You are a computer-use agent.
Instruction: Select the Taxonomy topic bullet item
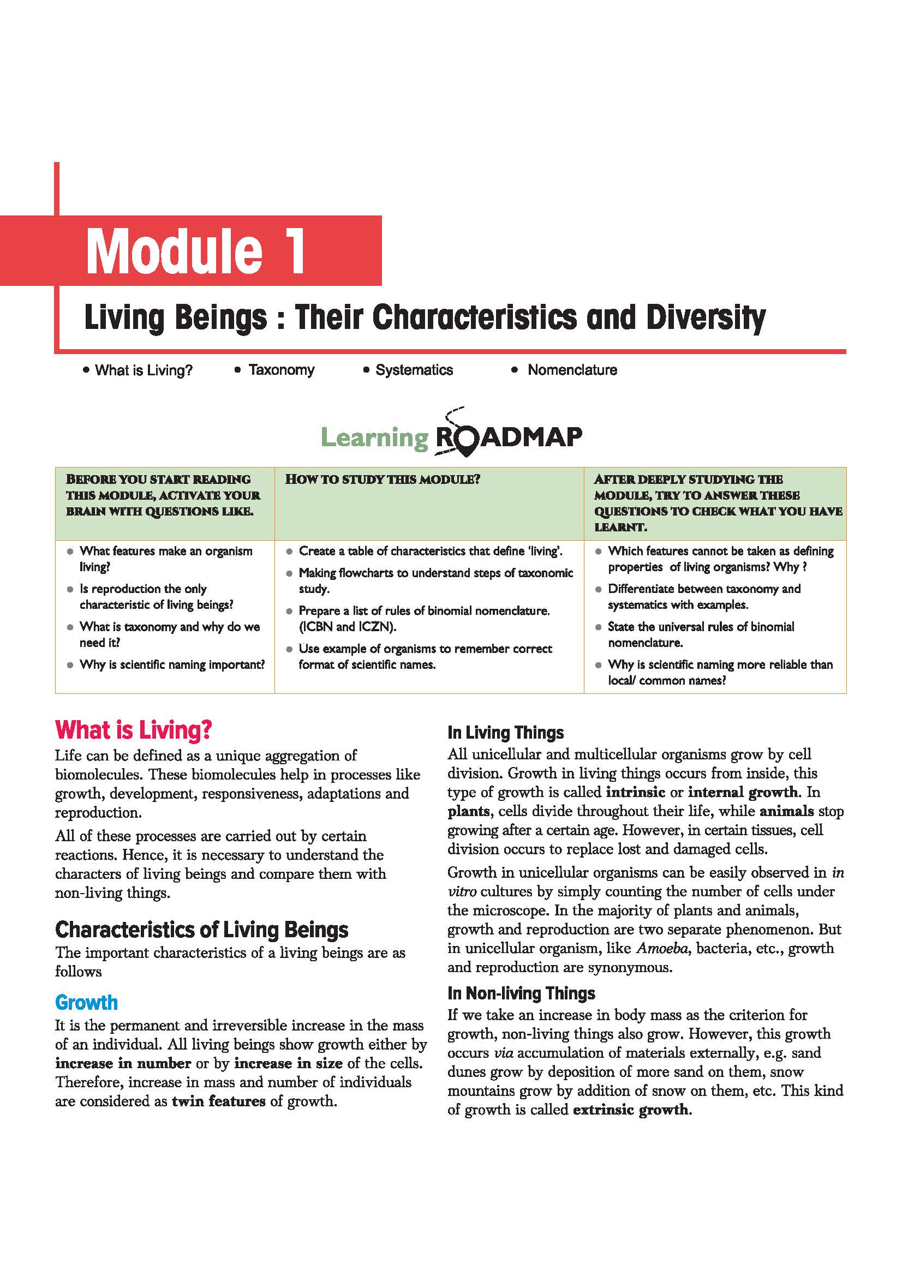[x=281, y=370]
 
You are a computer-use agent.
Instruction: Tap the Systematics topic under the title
[x=414, y=370]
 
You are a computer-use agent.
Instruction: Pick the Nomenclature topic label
[x=572, y=370]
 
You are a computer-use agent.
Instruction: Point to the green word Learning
[x=375, y=438]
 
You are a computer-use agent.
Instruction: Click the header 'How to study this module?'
[x=383, y=480]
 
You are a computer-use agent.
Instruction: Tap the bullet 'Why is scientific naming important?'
[x=172, y=664]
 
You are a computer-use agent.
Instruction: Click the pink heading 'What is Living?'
[x=133, y=730]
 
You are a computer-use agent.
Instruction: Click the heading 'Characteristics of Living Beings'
[x=202, y=930]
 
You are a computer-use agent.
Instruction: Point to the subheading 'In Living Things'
[x=505, y=733]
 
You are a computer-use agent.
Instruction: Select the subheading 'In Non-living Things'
[x=521, y=993]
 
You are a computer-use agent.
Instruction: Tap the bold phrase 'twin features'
[x=218, y=1101]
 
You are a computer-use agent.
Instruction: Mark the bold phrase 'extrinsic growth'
[x=631, y=1110]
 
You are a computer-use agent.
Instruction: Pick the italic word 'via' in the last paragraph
[x=503, y=1053]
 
